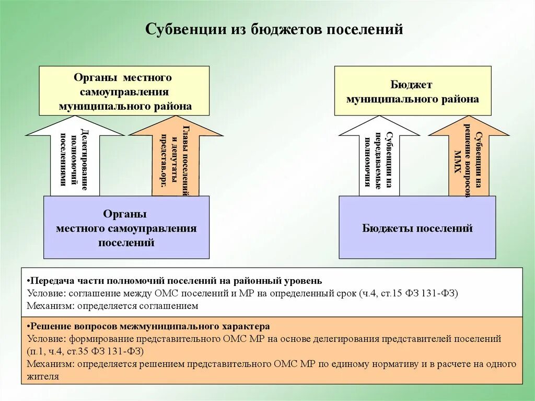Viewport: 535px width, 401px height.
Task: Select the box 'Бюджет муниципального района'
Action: (x=412, y=91)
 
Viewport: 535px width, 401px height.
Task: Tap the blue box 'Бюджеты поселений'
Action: (x=417, y=228)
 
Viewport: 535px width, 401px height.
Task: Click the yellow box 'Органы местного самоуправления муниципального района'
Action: (x=124, y=91)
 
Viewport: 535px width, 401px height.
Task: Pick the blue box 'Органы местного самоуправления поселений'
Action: (x=126, y=228)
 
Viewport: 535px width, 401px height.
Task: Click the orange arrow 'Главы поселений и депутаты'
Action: (x=176, y=157)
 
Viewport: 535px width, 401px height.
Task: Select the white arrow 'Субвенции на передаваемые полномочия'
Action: (x=379, y=157)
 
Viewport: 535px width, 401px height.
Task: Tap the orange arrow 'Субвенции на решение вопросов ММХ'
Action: (x=469, y=157)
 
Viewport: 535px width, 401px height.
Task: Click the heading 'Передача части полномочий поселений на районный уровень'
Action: (x=179, y=281)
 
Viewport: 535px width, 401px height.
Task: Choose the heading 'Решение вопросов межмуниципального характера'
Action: (x=149, y=327)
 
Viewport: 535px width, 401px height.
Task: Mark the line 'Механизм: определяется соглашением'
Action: (x=113, y=306)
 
